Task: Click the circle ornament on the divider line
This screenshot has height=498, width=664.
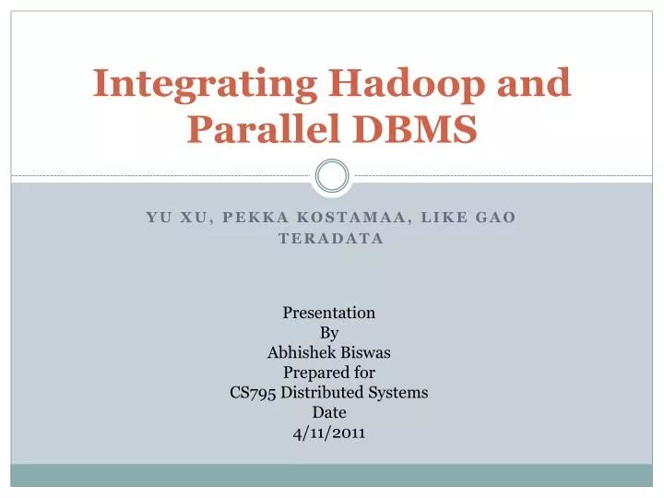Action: click(332, 175)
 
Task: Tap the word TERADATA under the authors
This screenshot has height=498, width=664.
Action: click(331, 238)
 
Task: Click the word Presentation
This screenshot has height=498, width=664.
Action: click(328, 312)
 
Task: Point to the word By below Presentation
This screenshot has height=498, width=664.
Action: click(328, 332)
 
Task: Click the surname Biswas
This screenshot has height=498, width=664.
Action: click(366, 351)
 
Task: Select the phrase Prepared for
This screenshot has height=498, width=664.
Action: click(328, 372)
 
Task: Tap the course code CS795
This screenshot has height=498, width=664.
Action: click(252, 392)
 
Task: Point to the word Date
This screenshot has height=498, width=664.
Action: click(328, 412)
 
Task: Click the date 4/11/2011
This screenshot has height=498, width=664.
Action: click(328, 432)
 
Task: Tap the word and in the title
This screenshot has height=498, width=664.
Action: click(536, 85)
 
